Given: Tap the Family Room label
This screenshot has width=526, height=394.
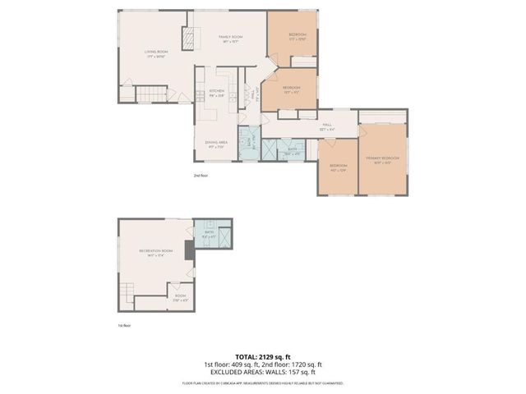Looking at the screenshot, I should tap(229, 39).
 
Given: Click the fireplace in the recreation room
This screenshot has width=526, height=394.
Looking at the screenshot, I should tap(189, 251).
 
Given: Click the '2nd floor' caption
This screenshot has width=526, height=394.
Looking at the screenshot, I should tap(201, 176).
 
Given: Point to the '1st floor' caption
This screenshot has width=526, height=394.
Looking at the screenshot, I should tap(125, 324).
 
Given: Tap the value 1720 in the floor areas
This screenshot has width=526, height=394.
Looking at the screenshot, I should tap(298, 364).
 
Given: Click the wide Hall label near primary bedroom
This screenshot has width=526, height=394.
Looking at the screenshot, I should tap(326, 126).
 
